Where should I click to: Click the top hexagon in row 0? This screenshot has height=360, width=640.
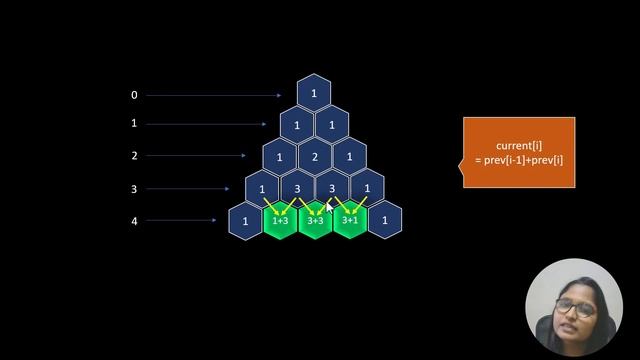[x=314, y=94]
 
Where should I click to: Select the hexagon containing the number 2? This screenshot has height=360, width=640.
[x=314, y=157]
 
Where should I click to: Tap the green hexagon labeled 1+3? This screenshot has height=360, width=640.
[x=281, y=220]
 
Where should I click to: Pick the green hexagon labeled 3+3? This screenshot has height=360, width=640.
[x=315, y=220]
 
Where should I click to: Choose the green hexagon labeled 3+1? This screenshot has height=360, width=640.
[x=350, y=220]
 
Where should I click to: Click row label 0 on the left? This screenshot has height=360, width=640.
[x=134, y=95]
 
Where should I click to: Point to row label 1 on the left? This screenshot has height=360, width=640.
[x=134, y=124]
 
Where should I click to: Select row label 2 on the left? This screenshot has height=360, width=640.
[x=134, y=156]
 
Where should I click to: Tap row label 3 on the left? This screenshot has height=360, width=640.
[x=134, y=188]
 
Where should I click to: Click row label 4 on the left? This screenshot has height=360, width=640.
[x=134, y=220]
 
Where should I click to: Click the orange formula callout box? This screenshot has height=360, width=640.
[x=518, y=152]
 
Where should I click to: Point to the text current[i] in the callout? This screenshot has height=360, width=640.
[x=519, y=146]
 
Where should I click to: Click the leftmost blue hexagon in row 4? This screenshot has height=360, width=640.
[x=246, y=220]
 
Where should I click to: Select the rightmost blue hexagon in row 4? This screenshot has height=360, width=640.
[x=384, y=220]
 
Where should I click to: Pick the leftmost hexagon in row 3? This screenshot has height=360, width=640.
[x=263, y=188]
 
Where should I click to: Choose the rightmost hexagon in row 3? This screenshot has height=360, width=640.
[x=367, y=188]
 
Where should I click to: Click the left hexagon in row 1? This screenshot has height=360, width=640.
[x=297, y=125]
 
